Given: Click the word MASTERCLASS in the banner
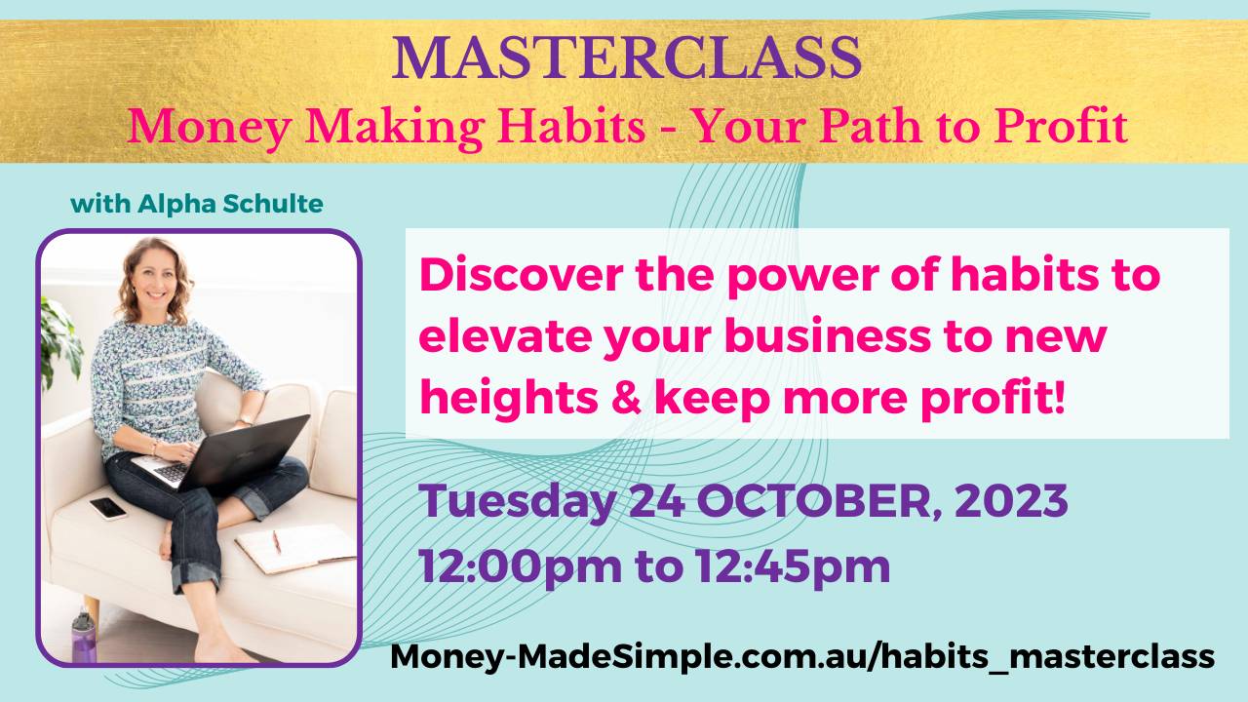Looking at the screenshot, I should (x=627, y=58).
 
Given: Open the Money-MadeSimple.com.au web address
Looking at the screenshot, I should (x=802, y=656).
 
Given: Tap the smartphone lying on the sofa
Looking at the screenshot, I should (x=107, y=507).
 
